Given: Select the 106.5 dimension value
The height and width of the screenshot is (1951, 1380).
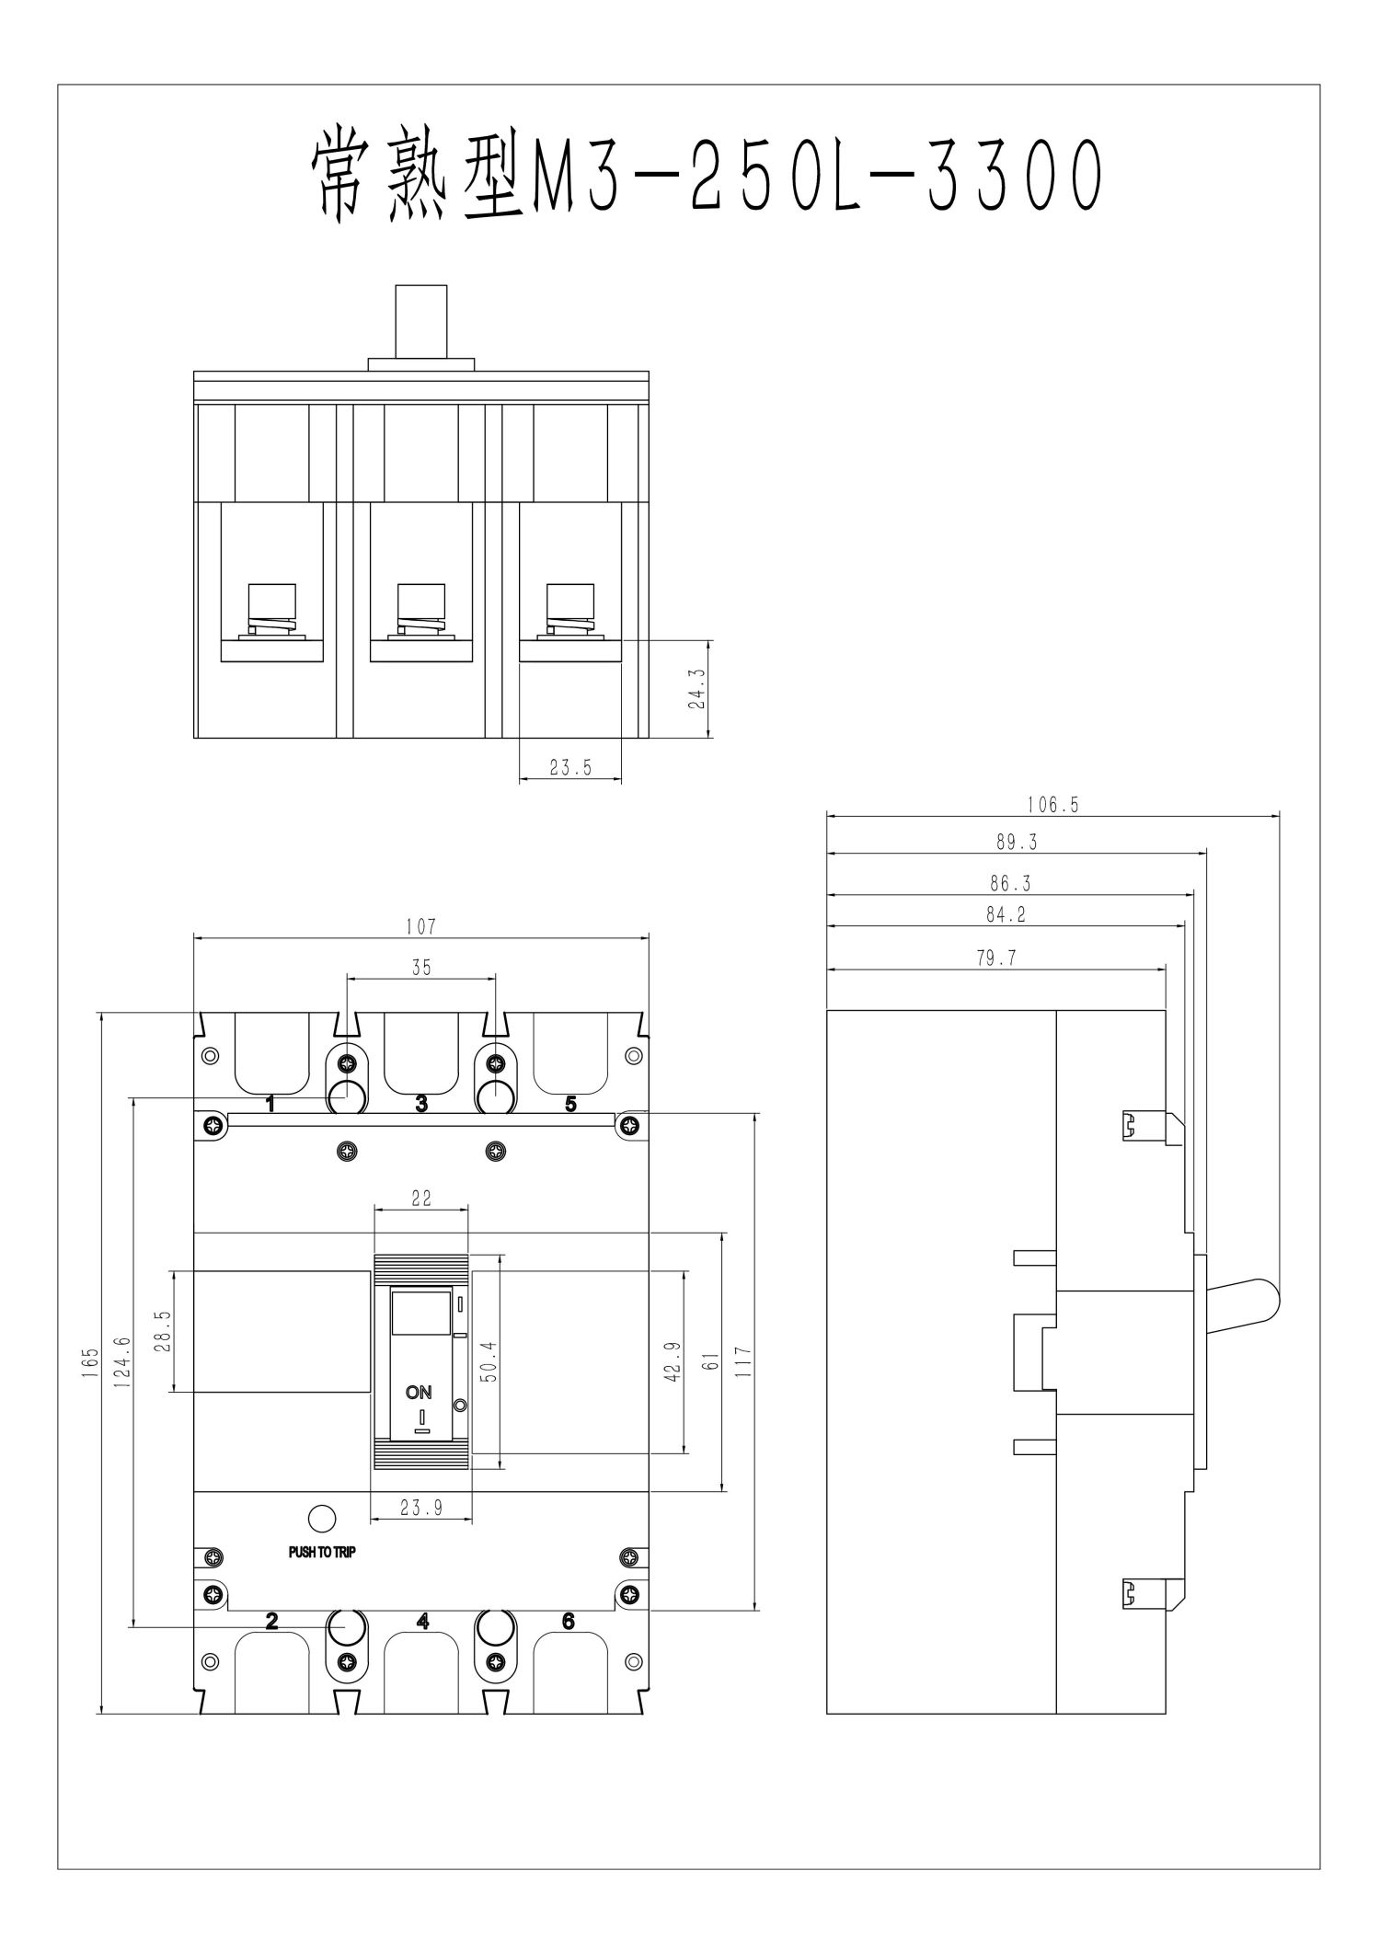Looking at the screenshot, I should [x=1052, y=805].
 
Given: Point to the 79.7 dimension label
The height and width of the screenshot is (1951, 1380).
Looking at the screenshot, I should [x=996, y=958].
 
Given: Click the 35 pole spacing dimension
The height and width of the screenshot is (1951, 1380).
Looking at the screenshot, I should [x=420, y=967].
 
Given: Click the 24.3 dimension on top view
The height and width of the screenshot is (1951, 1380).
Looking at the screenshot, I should [x=696, y=687].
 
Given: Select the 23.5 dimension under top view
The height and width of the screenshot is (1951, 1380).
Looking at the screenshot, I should [x=570, y=768].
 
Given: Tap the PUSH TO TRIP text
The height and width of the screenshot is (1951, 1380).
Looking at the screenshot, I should [x=322, y=1552].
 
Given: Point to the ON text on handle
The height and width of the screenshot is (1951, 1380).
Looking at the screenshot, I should [x=419, y=1393].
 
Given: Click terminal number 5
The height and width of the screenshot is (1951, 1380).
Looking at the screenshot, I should [x=570, y=1104].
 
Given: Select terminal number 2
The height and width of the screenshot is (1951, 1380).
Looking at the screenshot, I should [x=271, y=1622].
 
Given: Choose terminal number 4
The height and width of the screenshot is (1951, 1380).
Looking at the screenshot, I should [x=422, y=1622].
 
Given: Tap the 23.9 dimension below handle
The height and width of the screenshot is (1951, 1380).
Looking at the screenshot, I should [x=420, y=1507].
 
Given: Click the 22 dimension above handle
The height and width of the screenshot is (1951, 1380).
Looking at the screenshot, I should [x=421, y=1198].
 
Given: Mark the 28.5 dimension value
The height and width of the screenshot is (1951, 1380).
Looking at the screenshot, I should [x=162, y=1331].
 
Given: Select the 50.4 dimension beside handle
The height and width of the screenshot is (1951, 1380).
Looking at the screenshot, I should [x=489, y=1361].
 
